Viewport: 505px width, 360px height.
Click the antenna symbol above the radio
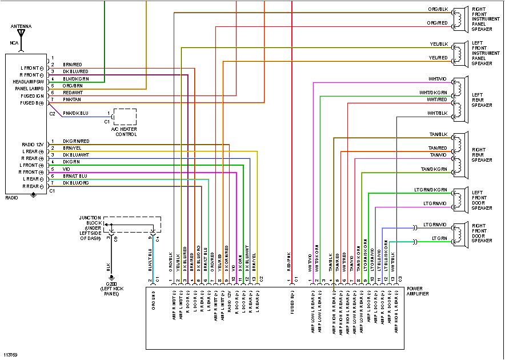[x=21, y=35]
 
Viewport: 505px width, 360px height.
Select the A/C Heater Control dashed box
[x=125, y=118]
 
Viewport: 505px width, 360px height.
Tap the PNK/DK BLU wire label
[x=75, y=113]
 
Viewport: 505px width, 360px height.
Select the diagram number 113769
[x=10, y=355]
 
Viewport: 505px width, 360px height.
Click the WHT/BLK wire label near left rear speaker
[x=437, y=113]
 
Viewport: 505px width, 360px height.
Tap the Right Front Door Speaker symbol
[x=457, y=233]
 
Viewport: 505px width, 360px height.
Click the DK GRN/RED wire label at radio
[x=76, y=141]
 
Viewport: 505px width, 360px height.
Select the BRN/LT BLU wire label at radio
[x=75, y=175]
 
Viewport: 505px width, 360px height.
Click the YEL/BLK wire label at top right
[x=438, y=44]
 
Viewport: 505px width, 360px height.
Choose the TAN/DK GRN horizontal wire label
[x=434, y=169]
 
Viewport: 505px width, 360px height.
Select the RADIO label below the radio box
[x=11, y=197]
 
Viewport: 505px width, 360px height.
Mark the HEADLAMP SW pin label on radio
[x=26, y=82]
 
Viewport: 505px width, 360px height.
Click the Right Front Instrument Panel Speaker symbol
[x=457, y=18]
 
